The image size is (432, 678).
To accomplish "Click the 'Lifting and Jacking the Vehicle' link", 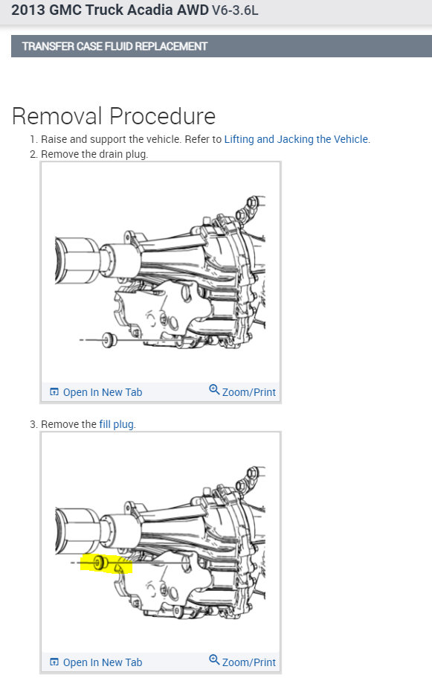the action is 296,139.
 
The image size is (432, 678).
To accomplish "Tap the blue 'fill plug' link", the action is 116,424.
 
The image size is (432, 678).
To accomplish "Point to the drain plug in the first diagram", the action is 108,340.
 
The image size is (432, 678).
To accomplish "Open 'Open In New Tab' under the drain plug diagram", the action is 103,392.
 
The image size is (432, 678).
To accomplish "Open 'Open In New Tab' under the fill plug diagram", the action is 103,662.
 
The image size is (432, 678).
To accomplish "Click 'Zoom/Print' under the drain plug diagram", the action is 249,392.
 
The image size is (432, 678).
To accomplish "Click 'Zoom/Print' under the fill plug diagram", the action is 249,662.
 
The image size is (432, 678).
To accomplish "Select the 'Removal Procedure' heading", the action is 114,116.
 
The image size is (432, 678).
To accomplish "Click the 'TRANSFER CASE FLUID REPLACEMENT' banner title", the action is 115,46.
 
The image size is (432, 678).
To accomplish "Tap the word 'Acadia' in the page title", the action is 184,10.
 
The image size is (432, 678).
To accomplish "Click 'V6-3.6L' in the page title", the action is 235,10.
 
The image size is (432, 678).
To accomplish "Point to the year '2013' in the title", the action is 28,10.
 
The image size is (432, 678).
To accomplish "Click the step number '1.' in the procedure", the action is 33,139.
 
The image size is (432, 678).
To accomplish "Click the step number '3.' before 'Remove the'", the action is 33,424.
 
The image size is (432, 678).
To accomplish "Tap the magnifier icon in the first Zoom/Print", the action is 214,389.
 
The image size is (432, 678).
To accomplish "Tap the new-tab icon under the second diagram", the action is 54,662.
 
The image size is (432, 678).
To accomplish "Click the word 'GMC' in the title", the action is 65,10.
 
